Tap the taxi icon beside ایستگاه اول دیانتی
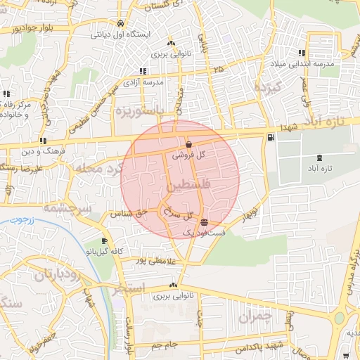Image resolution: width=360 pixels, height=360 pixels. pos(121,22)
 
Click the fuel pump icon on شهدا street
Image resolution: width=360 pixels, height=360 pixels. pos(271,137)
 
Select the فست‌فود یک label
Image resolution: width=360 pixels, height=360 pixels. pos(204,232)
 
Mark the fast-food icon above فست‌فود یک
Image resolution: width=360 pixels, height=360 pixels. pos(204,222)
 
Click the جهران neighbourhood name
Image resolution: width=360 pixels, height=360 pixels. pos(254,318)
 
